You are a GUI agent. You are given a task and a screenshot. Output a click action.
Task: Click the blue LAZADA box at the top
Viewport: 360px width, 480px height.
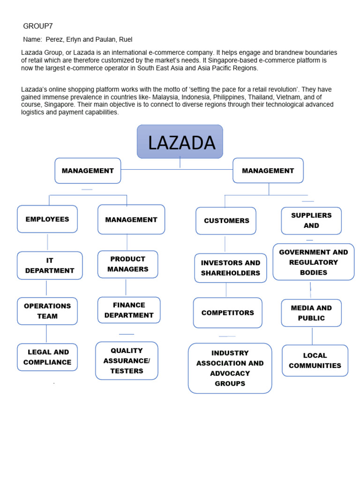[x=180, y=142]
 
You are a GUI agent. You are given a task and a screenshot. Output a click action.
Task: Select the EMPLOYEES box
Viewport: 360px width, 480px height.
[x=47, y=219]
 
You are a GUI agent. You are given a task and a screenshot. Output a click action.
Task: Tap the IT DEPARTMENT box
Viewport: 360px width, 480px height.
[x=50, y=265]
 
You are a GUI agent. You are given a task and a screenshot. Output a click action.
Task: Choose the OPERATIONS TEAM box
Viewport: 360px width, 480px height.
[x=47, y=311]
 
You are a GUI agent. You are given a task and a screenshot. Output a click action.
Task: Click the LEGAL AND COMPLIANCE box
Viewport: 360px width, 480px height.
[x=47, y=357]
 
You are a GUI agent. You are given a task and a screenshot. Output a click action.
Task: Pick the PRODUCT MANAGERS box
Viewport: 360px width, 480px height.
[x=128, y=264]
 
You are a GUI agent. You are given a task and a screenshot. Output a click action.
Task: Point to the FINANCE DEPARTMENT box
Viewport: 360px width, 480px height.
[x=129, y=310]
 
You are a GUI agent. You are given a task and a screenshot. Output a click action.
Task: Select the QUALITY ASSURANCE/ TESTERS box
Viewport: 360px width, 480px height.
[x=127, y=360]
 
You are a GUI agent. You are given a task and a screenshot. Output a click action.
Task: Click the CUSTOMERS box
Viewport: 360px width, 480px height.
[x=226, y=220]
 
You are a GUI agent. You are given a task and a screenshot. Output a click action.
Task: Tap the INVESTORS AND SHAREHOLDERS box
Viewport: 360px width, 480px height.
[x=231, y=268]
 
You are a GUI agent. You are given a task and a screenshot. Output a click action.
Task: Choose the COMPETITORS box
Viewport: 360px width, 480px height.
[x=228, y=313]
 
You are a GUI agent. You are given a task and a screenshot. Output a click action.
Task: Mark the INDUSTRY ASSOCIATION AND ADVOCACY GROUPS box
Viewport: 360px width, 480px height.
[x=230, y=368]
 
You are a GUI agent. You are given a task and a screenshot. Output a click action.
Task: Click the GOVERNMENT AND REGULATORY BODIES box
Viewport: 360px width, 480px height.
[x=314, y=262]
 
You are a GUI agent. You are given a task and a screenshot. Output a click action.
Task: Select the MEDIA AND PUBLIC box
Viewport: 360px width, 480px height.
[x=311, y=313]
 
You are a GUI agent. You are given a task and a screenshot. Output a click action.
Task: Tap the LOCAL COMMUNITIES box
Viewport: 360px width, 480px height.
[x=315, y=360]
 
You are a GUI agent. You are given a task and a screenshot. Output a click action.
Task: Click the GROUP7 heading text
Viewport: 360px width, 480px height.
[x=35, y=26]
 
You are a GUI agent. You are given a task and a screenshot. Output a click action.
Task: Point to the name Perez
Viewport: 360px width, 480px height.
[x=55, y=39]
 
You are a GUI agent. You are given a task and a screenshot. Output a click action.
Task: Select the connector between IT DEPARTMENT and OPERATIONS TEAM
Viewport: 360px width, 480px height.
[x=46, y=288]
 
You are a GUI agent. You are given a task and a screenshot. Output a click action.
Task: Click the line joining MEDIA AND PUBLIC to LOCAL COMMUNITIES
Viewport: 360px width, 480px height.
[x=312, y=336]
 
